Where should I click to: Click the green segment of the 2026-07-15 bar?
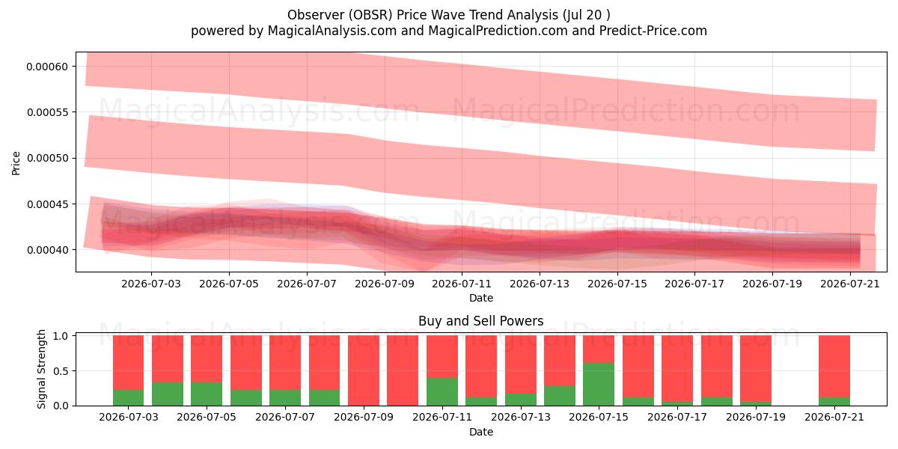point(599,385)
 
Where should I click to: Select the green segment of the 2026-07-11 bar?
point(442,391)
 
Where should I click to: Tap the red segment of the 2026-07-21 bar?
point(834,367)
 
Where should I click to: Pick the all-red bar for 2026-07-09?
point(364,371)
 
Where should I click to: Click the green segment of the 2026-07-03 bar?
point(128,397)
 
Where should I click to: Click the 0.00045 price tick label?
point(47,204)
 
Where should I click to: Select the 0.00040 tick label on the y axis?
point(47,250)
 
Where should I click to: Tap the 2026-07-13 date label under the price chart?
point(540,284)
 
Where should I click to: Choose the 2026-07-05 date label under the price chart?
point(229,284)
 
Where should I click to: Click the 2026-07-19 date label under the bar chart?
point(756,417)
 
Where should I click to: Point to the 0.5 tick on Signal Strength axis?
point(61,371)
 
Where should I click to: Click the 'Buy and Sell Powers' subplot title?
point(480,321)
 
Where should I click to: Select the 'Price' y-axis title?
point(16,163)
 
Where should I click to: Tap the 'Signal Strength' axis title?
point(41,369)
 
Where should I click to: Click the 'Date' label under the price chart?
point(481,298)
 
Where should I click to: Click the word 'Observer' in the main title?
point(316,15)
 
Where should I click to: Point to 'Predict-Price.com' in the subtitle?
point(653,31)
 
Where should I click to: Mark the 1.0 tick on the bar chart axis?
point(61,335)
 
